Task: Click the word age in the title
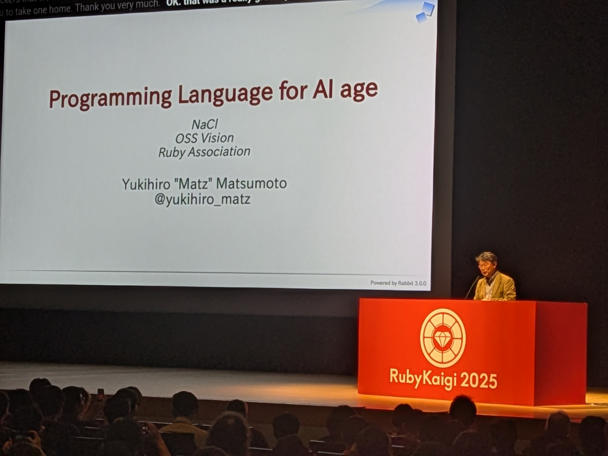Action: [359, 89]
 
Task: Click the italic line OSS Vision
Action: [204, 138]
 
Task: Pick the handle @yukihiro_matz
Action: [203, 199]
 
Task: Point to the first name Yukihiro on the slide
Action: [146, 184]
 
